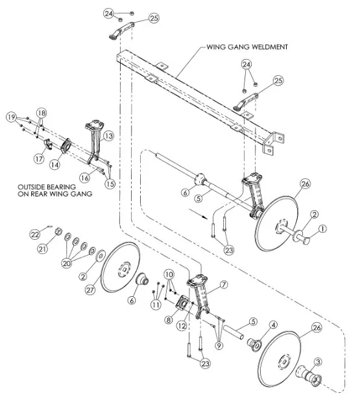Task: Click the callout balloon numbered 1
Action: coord(322,229)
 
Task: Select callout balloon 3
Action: coord(318,362)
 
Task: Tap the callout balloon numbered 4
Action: coord(273,325)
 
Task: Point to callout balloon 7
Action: coord(224,285)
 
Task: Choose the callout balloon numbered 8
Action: coord(169,320)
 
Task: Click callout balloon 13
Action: coord(108,136)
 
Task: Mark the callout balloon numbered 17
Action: coord(39,158)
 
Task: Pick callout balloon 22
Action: coord(35,235)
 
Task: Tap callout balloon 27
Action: coord(90,290)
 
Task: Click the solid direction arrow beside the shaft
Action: coord(198,213)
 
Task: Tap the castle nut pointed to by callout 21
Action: coord(59,231)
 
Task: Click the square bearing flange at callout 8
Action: coord(183,303)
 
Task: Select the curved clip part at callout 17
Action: coord(49,145)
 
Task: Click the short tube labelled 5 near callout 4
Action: coord(234,331)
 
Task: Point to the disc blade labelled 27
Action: coord(120,267)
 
